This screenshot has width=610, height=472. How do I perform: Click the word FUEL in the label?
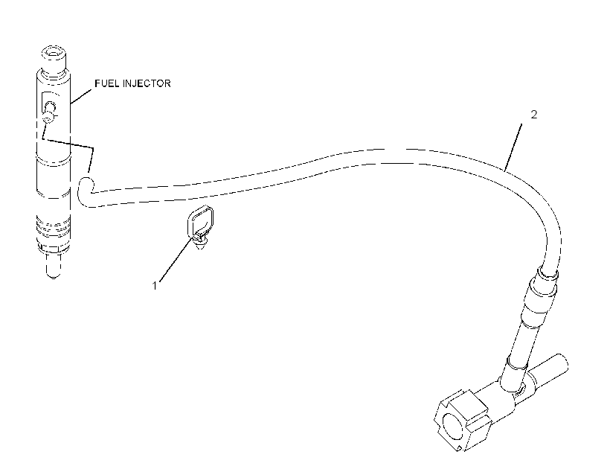[107, 83]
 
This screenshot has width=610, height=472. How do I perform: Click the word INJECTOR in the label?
[147, 83]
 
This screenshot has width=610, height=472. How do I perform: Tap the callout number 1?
[155, 285]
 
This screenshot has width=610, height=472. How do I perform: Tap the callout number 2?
[534, 114]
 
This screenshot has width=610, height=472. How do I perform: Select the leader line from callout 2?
[513, 147]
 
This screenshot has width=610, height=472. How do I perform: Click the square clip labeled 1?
[200, 220]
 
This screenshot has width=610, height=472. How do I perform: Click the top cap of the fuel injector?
[54, 58]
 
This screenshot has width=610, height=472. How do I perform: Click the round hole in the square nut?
[453, 427]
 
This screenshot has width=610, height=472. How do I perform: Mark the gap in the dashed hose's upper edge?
[396, 148]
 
